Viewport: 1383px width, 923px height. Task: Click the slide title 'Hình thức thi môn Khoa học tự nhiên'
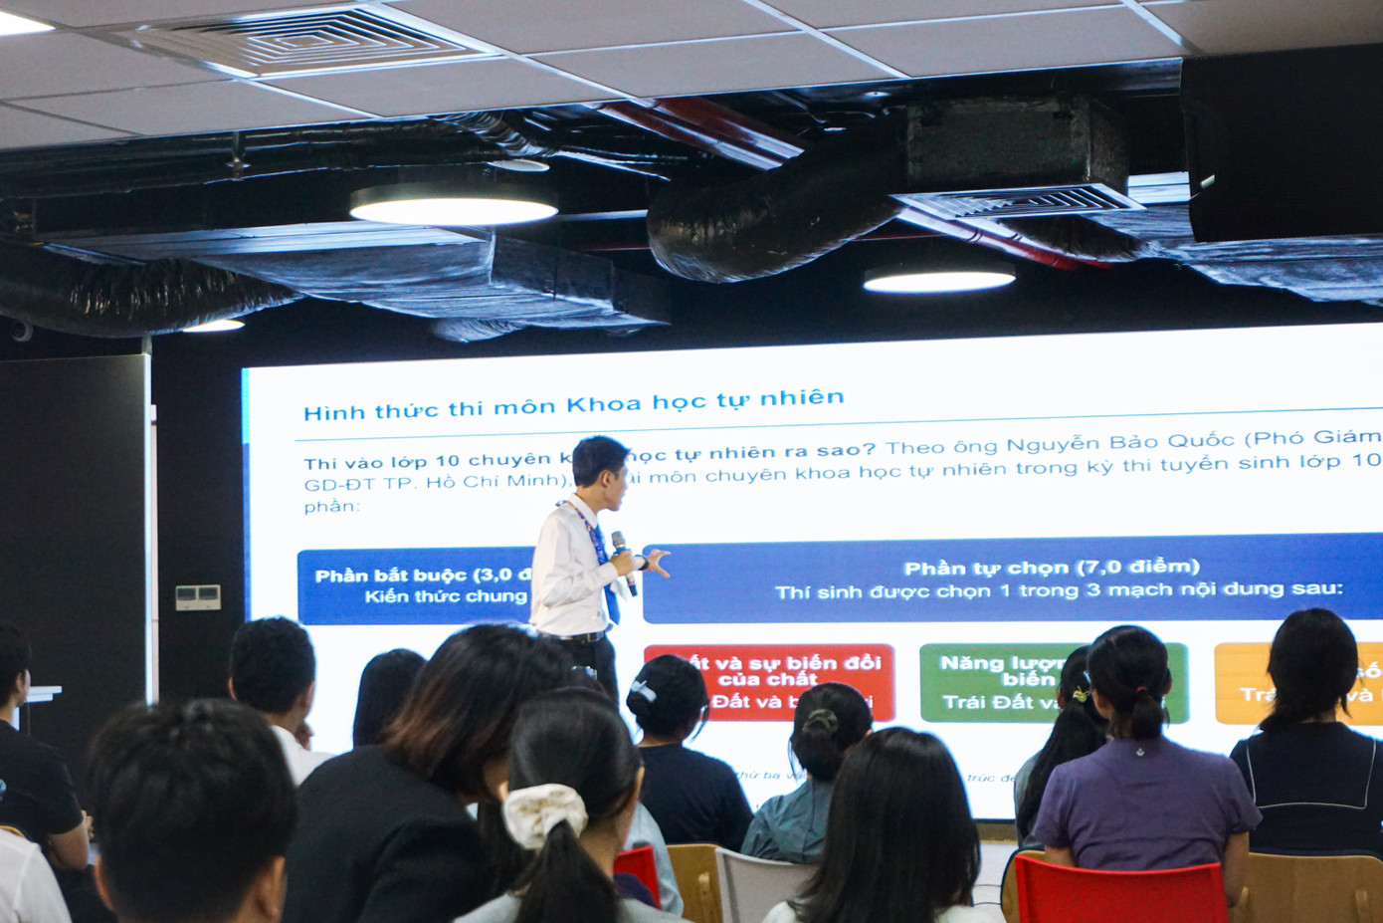coord(573,404)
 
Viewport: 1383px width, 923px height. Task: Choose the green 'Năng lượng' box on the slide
coord(995,682)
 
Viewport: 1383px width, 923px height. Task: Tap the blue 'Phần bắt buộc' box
coord(418,586)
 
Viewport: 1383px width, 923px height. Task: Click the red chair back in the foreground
coord(1119,892)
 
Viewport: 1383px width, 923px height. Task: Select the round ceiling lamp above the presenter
coord(453,204)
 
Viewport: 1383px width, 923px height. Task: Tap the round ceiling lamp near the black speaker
coord(938,280)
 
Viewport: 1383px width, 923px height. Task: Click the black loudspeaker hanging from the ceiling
coord(1282,149)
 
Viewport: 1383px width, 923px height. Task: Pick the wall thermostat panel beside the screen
coord(198,597)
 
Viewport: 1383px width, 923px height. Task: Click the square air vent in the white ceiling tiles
coord(298,40)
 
